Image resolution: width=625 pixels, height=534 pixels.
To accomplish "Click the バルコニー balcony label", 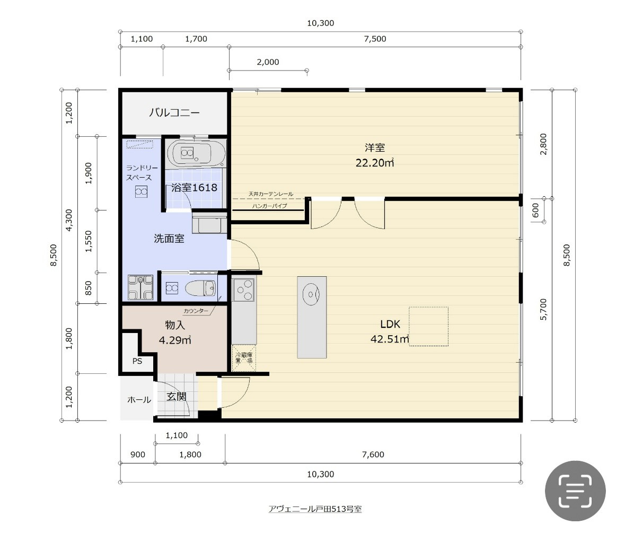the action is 174,112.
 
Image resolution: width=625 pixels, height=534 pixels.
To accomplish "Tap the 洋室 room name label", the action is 375,147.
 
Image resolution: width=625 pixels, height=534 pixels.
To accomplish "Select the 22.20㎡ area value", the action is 375,162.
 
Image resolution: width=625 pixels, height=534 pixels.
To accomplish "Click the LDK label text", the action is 390,324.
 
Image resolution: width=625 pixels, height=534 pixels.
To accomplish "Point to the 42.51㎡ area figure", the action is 390,339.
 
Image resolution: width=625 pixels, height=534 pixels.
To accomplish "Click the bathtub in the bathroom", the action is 196,153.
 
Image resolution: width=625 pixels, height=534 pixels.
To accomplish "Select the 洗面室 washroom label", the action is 169,239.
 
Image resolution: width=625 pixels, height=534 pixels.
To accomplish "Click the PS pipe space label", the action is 137,361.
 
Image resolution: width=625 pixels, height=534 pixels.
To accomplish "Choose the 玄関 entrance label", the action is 176,397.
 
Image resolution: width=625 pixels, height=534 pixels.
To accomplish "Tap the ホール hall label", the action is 139,400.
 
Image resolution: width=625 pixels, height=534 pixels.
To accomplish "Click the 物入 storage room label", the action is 175,325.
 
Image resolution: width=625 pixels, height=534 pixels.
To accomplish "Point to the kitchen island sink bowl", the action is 311,295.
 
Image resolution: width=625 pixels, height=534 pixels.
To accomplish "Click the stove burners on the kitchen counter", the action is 243,290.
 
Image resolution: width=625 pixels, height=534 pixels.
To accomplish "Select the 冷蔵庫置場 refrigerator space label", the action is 244,357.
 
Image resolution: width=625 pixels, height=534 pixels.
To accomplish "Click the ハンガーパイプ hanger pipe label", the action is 269,206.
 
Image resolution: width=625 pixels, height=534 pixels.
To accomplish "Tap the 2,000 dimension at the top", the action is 268,62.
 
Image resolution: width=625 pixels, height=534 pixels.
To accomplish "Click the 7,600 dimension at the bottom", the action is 373,454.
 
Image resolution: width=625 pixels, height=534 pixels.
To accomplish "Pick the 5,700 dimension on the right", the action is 544,309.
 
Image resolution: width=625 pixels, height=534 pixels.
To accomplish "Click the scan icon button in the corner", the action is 575,491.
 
